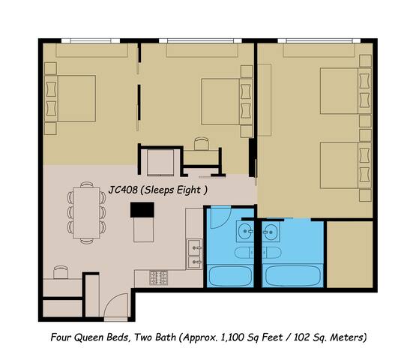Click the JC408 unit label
pyautogui.click(x=125, y=190)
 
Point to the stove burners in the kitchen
pyautogui.click(x=158, y=275)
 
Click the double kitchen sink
pyautogui.click(x=195, y=253)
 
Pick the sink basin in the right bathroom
pyautogui.click(x=268, y=229)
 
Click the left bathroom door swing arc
pyautogui.click(x=219, y=217)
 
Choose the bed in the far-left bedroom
pyautogui.click(x=73, y=97)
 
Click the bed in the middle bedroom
pyautogui.click(x=221, y=97)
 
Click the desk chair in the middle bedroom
pyautogui.click(x=201, y=142)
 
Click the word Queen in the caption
pyautogui.click(x=97, y=337)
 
